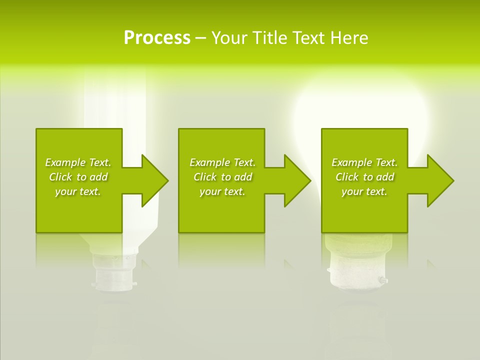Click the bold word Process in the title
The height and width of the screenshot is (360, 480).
(157, 38)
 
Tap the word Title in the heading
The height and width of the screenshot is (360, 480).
(269, 38)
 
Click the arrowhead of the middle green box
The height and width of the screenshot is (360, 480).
(296, 180)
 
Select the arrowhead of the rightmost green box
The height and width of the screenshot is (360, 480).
(439, 180)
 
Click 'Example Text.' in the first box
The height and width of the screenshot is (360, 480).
(78, 162)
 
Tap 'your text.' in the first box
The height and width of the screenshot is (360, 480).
(78, 191)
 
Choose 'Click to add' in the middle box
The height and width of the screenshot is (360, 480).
(222, 177)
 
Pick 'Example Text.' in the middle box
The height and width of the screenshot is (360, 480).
(222, 162)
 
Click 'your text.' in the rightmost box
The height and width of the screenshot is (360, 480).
(364, 191)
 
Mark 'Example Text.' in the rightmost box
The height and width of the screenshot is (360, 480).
(364, 162)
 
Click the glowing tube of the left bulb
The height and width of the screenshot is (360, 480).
(115, 100)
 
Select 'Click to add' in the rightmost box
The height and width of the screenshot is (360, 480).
(364, 177)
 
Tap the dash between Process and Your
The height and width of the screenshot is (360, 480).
(200, 38)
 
